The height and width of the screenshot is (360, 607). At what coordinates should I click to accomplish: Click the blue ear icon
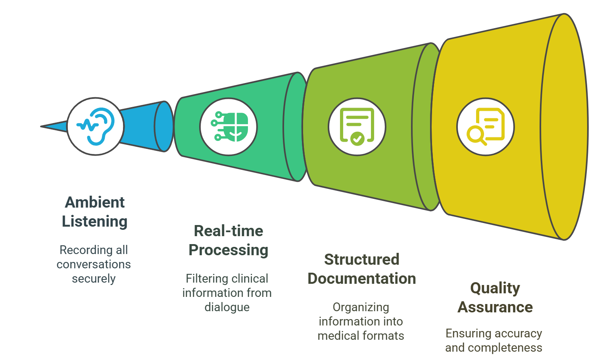pos(96,126)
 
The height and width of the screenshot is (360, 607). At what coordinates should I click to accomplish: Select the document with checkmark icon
pos(357,127)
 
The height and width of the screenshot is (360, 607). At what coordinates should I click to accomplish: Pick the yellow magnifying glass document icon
pos(486,127)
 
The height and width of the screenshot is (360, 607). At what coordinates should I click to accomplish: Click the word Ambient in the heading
pos(95,202)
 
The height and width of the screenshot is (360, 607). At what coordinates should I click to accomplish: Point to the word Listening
pos(95,221)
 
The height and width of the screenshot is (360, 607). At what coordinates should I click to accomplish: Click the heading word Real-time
pos(229,231)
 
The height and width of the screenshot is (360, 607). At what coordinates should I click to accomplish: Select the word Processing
pos(229,250)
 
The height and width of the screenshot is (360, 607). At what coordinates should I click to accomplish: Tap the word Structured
pos(362,260)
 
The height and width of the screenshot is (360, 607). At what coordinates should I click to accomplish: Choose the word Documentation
pos(362,279)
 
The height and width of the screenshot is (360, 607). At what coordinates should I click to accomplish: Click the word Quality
pos(495,288)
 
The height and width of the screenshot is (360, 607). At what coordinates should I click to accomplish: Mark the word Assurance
pos(495,307)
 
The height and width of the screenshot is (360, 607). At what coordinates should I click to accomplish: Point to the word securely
pos(94,279)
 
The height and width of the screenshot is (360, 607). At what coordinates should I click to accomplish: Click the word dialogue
pos(227,307)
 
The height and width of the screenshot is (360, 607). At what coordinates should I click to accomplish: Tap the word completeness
pos(505,348)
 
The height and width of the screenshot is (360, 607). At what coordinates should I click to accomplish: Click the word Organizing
pos(361,307)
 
